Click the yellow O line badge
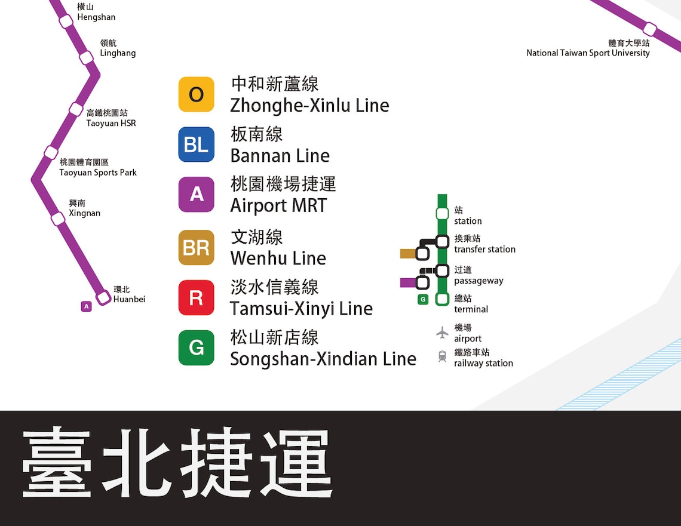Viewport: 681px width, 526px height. click(x=196, y=94)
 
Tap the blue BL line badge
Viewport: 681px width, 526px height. click(x=196, y=144)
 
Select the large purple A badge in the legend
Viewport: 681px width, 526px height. click(x=196, y=195)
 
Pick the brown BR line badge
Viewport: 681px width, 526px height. click(x=196, y=247)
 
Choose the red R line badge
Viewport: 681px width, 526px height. click(x=196, y=297)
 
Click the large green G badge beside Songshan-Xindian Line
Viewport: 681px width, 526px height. click(x=196, y=347)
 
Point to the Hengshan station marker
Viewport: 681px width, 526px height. click(x=66, y=21)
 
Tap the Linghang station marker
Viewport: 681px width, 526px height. click(x=87, y=57)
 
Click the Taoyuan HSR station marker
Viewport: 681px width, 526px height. click(x=76, y=109)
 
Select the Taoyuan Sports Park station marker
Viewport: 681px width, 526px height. click(x=51, y=152)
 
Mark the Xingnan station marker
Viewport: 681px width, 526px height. click(x=58, y=219)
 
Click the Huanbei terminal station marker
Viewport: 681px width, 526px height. click(x=103, y=296)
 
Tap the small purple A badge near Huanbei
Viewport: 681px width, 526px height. click(x=87, y=306)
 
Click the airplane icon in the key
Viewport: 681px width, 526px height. click(x=442, y=332)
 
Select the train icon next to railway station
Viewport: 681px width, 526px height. click(x=442, y=356)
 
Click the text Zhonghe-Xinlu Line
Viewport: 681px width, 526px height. click(x=309, y=106)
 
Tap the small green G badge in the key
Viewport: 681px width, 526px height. click(x=423, y=299)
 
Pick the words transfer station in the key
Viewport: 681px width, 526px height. click(x=484, y=250)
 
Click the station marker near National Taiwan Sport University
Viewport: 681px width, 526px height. click(x=650, y=29)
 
